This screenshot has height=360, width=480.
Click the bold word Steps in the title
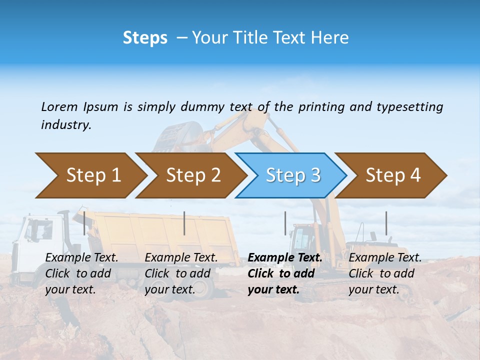tap(145, 38)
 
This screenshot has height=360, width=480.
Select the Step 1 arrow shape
tap(93, 175)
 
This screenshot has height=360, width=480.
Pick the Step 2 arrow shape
tap(193, 175)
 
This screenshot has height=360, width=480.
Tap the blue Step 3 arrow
tap(293, 175)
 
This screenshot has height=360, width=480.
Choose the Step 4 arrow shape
tap(393, 175)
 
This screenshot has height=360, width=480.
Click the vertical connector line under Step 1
tap(84, 223)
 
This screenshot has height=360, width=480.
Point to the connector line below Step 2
tap(184, 223)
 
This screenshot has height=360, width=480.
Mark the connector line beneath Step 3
tap(285, 223)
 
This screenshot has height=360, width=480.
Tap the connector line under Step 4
tap(386, 223)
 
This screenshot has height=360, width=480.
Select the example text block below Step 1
tap(82, 273)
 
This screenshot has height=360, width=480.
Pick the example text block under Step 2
tap(181, 273)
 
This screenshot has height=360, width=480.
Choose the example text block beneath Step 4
tap(385, 273)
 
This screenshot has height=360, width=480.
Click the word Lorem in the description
tap(59, 106)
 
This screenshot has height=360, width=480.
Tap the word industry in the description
tap(66, 125)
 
